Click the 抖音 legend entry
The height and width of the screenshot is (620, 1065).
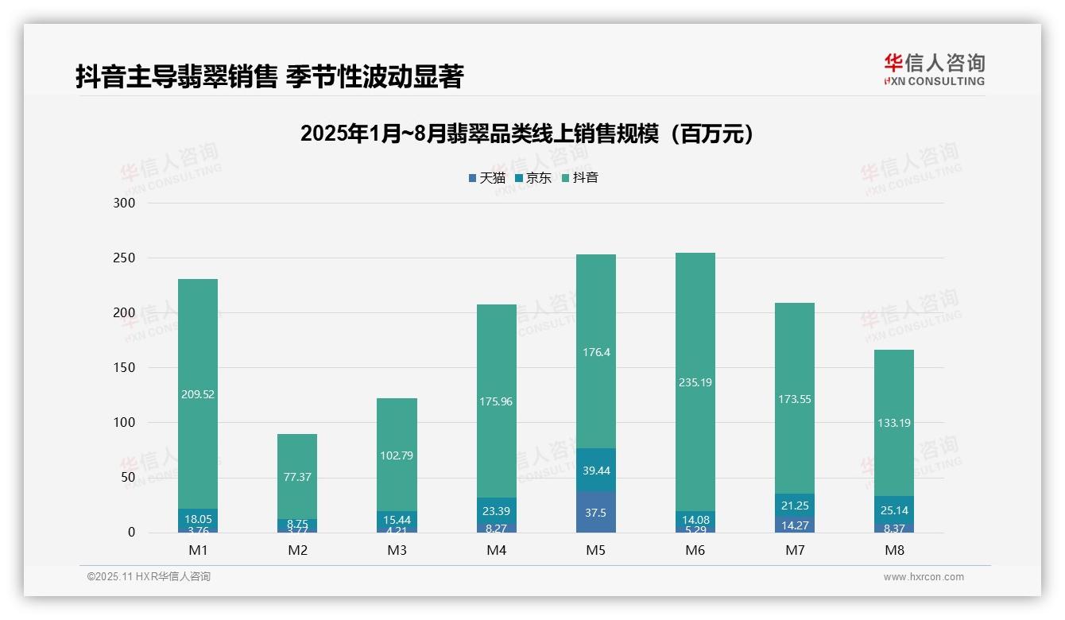579,178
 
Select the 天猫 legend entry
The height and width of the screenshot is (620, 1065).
486,178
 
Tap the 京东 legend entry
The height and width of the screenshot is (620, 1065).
532,178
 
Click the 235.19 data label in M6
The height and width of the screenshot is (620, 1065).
695,382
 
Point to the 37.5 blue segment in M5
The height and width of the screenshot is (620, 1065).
595,513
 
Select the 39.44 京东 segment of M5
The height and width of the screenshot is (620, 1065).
595,471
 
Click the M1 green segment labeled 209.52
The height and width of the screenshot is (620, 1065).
198,393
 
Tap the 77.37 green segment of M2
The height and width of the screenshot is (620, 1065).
297,477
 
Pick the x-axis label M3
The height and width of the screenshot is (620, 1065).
397,550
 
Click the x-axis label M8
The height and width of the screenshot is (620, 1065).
893,550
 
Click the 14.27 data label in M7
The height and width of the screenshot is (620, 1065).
794,525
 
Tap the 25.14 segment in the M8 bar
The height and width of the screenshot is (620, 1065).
893,510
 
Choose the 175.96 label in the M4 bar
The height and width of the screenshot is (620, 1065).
496,401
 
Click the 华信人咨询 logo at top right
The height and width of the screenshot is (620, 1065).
934,69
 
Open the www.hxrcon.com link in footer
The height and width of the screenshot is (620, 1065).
924,577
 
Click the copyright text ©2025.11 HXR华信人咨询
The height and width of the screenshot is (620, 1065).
149,577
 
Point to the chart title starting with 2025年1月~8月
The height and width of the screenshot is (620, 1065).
526,134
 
